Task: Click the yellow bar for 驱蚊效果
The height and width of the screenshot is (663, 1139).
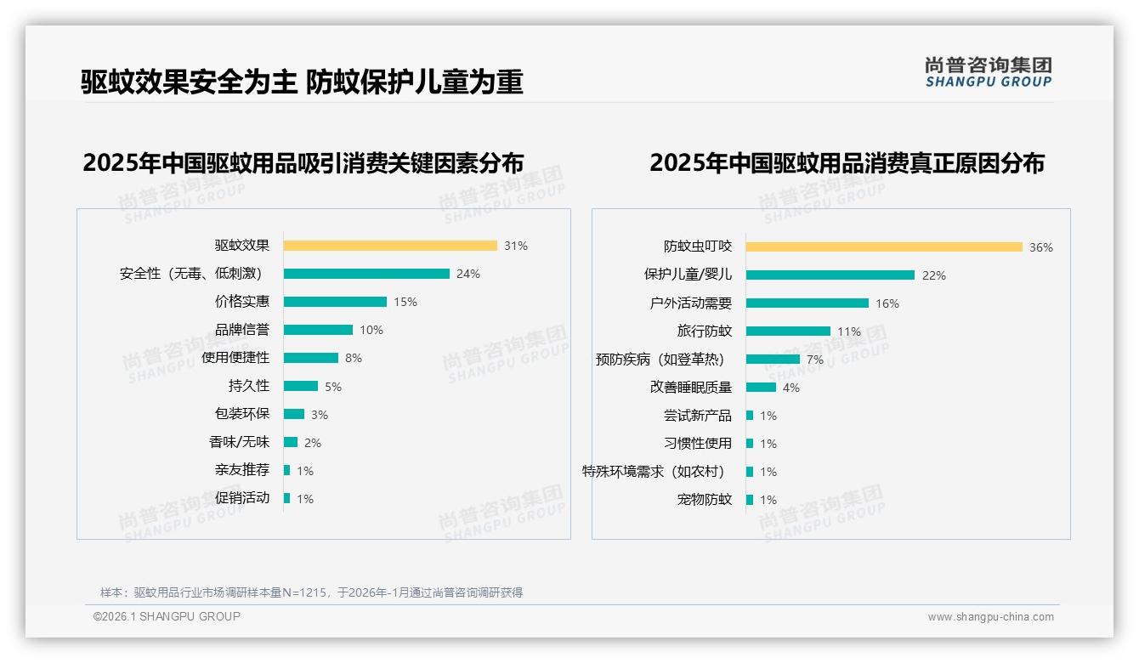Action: tap(390, 246)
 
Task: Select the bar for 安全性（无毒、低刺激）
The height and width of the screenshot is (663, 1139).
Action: tap(366, 274)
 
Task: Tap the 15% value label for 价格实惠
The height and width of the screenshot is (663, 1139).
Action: tap(405, 302)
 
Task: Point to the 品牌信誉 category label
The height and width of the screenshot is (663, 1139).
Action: tap(242, 330)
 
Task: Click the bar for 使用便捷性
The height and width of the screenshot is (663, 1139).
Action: tap(311, 358)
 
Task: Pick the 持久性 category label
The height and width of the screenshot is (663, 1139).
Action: tap(249, 386)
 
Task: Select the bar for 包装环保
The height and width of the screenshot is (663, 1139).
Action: tap(294, 414)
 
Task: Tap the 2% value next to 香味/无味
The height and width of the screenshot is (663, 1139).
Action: tap(313, 443)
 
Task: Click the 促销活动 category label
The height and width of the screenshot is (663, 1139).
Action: tap(242, 498)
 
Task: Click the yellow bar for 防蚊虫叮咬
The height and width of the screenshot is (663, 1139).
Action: tap(884, 247)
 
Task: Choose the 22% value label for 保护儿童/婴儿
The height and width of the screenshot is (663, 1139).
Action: tap(934, 275)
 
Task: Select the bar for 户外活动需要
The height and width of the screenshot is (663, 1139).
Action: tap(807, 303)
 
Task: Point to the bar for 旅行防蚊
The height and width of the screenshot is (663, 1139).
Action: tap(788, 331)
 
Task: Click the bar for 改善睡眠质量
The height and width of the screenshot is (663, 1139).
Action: tap(761, 388)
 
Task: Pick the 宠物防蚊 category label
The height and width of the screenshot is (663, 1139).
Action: tap(705, 500)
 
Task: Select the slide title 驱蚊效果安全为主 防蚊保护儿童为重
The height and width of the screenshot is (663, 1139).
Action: tap(302, 82)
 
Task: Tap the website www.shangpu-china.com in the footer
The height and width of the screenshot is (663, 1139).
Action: tap(990, 617)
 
